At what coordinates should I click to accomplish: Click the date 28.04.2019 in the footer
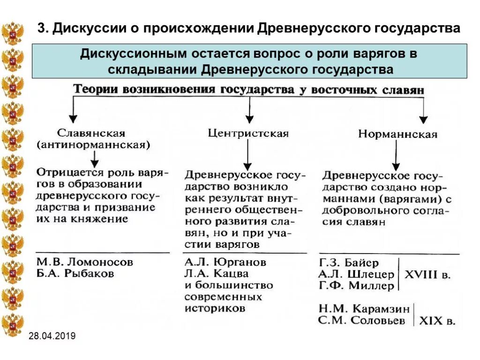pos(52,336)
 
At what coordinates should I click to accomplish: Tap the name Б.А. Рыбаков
pos(75,273)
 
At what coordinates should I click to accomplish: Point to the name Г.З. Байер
pos(349,262)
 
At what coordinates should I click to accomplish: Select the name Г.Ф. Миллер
pos(356,285)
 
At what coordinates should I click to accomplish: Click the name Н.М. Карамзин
pos(364,309)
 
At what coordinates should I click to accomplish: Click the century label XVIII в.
pos(427,275)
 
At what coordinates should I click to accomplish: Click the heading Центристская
pos(248,134)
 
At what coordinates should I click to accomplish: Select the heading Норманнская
pos(398,135)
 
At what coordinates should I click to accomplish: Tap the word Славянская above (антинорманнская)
pos(92,133)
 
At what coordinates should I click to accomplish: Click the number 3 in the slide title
pos(41,28)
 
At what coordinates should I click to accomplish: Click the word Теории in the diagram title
pos(96,89)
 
